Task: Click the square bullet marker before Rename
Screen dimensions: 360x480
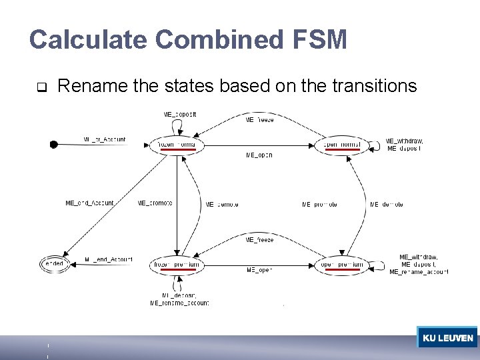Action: [41, 87]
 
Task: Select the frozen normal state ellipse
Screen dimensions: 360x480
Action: [177, 145]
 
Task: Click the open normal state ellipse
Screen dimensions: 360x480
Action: [341, 145]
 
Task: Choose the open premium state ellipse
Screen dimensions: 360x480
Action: [342, 265]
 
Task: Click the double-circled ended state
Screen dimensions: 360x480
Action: [53, 264]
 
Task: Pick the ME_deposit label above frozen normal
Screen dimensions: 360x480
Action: [180, 114]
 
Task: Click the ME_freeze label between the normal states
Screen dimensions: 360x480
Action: [259, 120]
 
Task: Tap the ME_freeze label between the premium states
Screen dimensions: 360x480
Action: [259, 239]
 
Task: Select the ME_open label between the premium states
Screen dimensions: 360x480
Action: [259, 270]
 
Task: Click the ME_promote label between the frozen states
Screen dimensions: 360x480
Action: [155, 203]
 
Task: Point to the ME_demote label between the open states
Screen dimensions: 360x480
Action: [387, 204]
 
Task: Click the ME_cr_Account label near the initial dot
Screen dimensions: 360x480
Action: [105, 140]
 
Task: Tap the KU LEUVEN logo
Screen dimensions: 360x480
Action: [447, 337]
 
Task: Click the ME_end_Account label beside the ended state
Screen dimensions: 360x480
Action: [109, 259]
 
